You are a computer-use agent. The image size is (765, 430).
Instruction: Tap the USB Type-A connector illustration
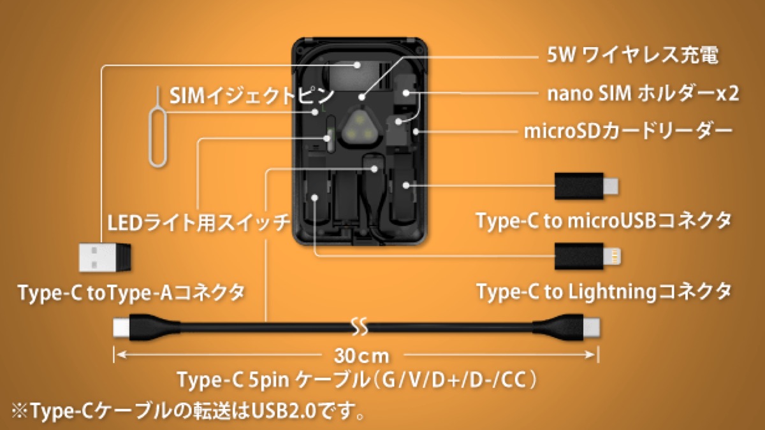pyautogui.click(x=105, y=257)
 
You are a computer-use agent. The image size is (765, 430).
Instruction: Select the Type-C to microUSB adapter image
pyautogui.click(x=586, y=186)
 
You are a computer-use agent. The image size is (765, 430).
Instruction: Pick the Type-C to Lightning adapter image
pyautogui.click(x=587, y=256)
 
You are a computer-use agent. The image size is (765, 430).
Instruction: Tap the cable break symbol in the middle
pyautogui.click(x=360, y=327)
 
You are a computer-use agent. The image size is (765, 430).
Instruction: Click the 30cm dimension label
pyautogui.click(x=361, y=356)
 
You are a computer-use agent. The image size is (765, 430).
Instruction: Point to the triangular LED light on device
pyautogui.click(x=360, y=129)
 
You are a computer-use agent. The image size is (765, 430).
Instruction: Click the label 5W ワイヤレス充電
pyautogui.click(x=632, y=55)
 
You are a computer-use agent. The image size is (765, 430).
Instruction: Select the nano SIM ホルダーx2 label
pyautogui.click(x=643, y=94)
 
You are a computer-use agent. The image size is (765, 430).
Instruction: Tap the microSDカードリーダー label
pyautogui.click(x=629, y=131)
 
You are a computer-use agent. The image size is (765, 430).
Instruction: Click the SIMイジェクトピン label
pyautogui.click(x=251, y=96)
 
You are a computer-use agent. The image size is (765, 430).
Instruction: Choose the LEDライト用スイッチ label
pyautogui.click(x=199, y=222)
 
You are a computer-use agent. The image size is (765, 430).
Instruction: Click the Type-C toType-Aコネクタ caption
pyautogui.click(x=132, y=293)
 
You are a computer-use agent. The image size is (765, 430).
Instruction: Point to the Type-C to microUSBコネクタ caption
pyautogui.click(x=604, y=220)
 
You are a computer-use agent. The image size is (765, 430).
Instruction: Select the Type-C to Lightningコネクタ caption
pyautogui.click(x=604, y=292)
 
